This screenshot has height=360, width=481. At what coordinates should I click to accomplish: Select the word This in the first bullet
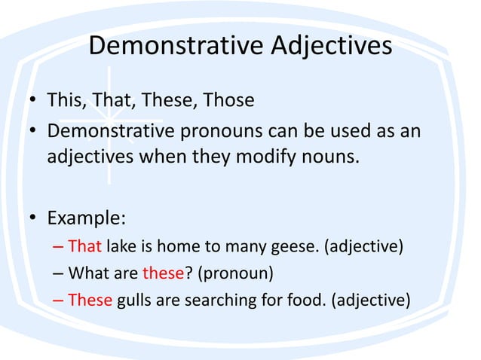pos(66,99)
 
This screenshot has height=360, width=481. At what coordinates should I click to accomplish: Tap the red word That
pos(84,246)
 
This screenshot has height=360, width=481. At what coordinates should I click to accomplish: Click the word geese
pos(295,246)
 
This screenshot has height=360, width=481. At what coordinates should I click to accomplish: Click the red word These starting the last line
pos(90,300)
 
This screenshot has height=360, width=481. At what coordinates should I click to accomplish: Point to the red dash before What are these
pos(59,273)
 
